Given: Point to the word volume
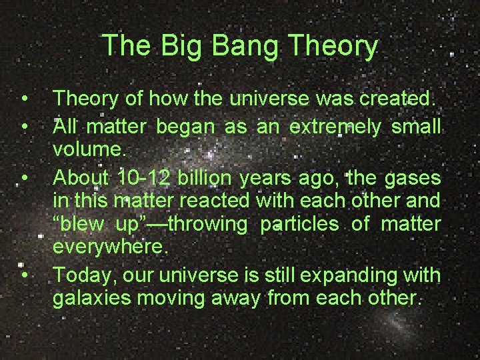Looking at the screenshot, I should coord(89,150).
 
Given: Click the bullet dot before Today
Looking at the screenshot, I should coord(25,274).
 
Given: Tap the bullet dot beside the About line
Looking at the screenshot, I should coord(25,177).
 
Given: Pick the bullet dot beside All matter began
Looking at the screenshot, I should coord(25,126).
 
